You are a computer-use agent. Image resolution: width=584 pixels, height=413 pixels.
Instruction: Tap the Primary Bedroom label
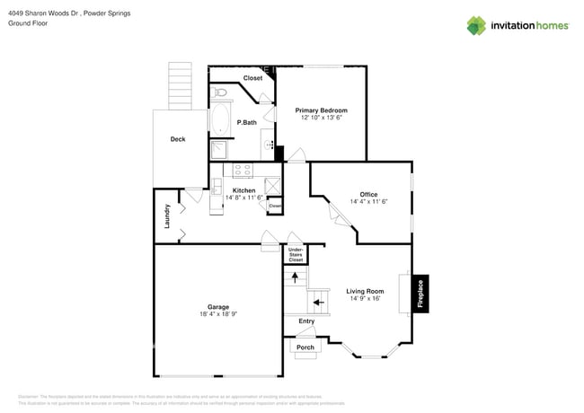click(322, 110)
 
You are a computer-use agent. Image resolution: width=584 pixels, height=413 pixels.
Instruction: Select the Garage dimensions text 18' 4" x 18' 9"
click(218, 314)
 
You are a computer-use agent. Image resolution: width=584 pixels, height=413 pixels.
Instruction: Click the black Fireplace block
click(419, 292)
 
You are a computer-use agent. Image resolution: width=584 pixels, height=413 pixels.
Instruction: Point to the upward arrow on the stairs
click(295, 277)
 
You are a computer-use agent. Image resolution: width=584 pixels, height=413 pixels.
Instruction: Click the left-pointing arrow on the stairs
click(318, 303)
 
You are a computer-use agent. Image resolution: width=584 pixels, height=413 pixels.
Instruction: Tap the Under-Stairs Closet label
click(296, 255)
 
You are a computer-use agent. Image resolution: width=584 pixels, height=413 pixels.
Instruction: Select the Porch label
click(305, 347)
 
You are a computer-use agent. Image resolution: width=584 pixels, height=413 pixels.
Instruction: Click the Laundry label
click(167, 216)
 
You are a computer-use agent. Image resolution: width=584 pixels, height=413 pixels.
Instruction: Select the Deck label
click(178, 139)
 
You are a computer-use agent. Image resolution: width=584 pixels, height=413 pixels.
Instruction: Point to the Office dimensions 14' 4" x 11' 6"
click(368, 202)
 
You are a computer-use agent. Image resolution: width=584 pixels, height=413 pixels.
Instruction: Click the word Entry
click(307, 321)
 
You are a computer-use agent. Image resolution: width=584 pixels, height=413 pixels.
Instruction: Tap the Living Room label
click(365, 291)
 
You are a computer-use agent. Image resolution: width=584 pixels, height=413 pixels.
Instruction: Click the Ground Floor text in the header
click(27, 23)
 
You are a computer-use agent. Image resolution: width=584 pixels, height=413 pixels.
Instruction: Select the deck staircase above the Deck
click(181, 86)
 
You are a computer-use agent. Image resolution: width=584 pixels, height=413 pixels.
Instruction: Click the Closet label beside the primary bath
click(253, 78)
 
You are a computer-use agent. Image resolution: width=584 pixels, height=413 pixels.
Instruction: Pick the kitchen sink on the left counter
click(217, 186)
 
